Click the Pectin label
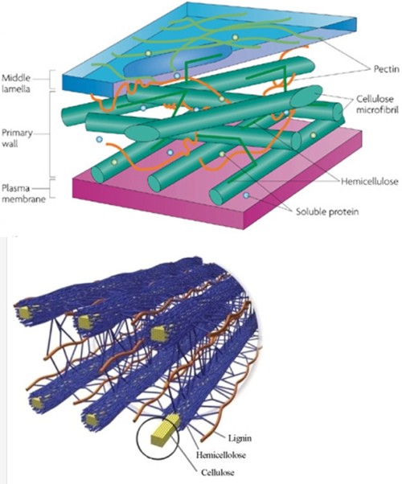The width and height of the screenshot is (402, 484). [x=386, y=69]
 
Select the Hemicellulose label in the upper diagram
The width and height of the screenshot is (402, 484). [x=370, y=181]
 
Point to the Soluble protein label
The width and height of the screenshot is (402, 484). [x=327, y=211]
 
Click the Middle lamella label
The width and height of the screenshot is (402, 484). [x=16, y=84]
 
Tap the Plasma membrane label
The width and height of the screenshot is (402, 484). [x=23, y=194]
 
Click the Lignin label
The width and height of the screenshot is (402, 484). [x=240, y=437]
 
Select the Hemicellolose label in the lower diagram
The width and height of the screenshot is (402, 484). [x=221, y=455]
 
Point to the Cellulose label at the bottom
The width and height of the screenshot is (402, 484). [x=218, y=472]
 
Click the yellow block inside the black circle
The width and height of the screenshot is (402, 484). [x=165, y=429]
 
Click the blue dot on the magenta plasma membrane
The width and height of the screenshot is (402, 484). [x=246, y=195]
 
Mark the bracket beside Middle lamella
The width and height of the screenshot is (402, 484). [x=50, y=80]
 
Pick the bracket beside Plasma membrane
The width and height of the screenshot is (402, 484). [x=52, y=188]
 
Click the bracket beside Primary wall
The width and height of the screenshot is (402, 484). [x=51, y=133]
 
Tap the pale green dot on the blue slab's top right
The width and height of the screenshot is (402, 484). [x=236, y=37]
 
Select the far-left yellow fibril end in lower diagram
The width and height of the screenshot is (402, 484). [x=23, y=313]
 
